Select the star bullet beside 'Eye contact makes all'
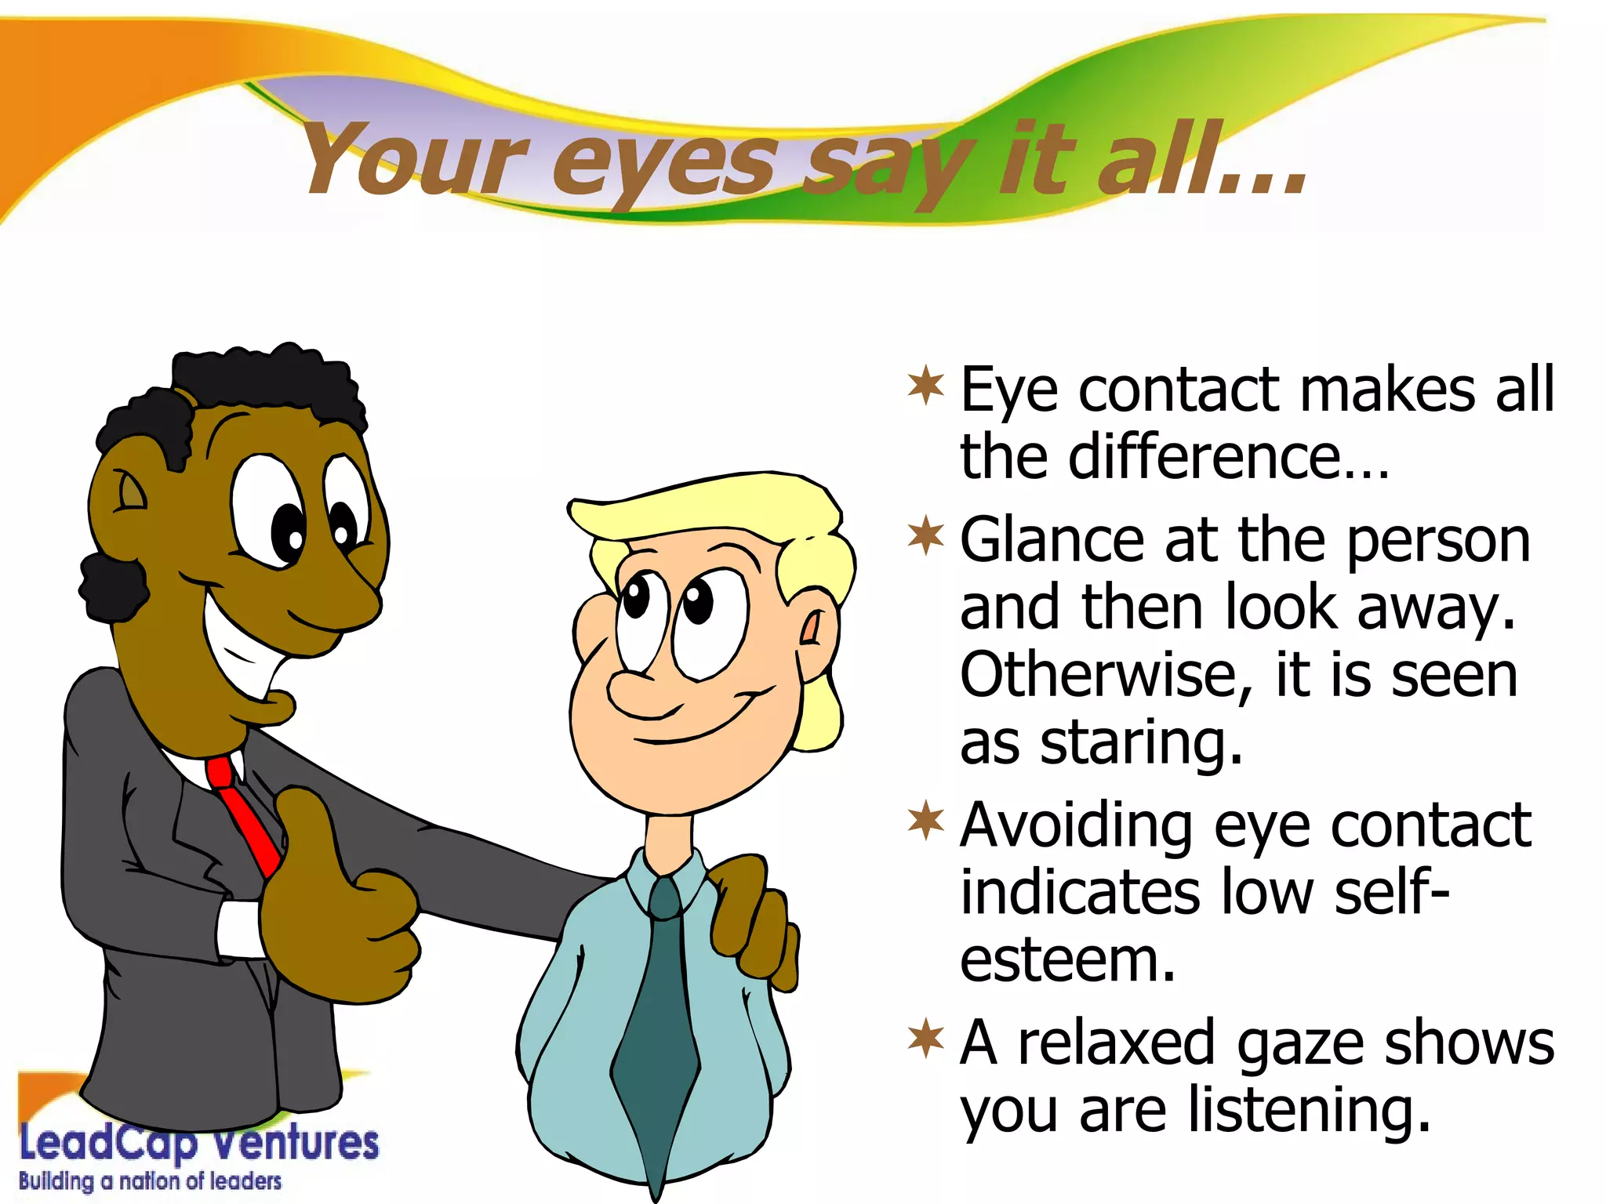click(x=926, y=386)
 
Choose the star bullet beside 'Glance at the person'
click(x=926, y=536)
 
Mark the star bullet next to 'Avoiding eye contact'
click(x=926, y=821)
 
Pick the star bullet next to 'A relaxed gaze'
click(x=926, y=1039)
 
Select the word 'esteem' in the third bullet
click(x=1066, y=960)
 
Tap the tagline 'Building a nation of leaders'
click(x=150, y=1180)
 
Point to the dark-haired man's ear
click(x=125, y=494)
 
